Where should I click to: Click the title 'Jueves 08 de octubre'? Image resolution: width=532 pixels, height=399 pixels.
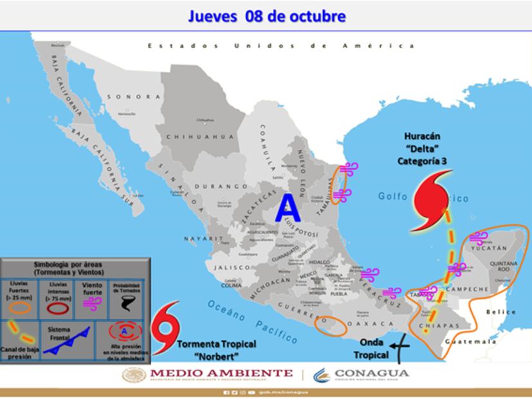click(x=266, y=15)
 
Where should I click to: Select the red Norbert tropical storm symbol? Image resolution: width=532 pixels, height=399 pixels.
click(x=165, y=328)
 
